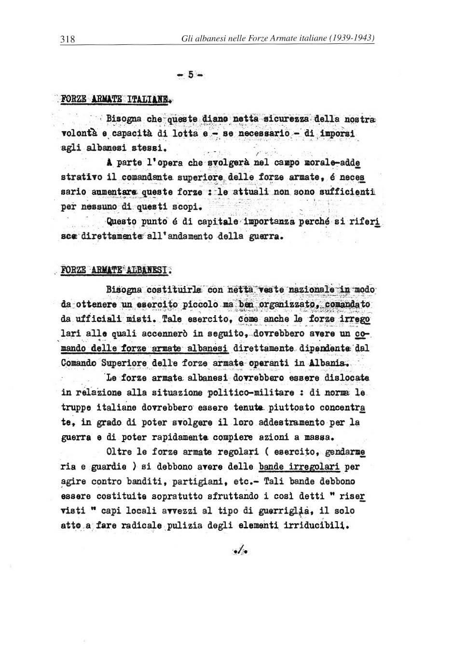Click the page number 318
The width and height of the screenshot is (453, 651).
[x=68, y=39]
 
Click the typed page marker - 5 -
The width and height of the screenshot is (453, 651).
[x=191, y=74]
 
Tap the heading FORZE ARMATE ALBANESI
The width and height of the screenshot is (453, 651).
[x=116, y=269]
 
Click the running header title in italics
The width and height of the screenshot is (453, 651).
[x=278, y=38]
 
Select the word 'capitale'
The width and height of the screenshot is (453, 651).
[x=220, y=222]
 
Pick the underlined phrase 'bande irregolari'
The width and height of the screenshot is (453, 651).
[x=299, y=467]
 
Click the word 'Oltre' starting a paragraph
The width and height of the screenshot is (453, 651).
[x=118, y=452]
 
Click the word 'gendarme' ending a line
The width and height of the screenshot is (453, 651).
[x=344, y=452]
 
